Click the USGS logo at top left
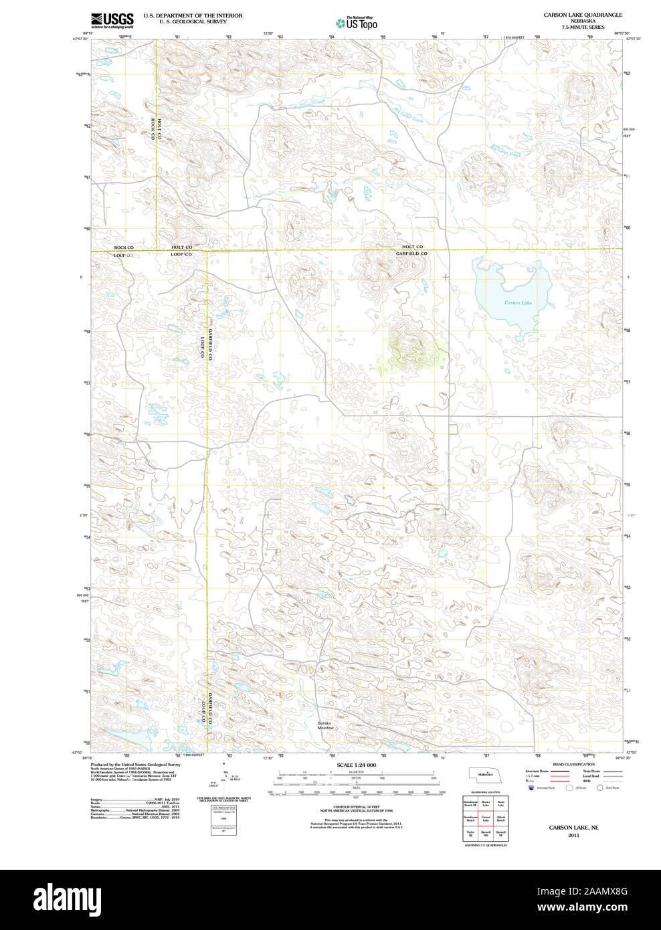[112, 20]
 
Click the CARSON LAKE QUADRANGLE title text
[582, 15]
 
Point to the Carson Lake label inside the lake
[518, 303]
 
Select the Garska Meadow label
[325, 725]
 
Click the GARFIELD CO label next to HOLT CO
[411, 254]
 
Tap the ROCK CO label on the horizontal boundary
[124, 248]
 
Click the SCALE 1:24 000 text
[356, 765]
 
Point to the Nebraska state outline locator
[484, 774]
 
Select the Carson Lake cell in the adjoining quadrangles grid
[486, 818]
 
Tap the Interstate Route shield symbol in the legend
[532, 788]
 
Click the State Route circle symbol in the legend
[599, 788]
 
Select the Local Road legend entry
[592, 776]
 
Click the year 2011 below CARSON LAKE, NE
[573, 835]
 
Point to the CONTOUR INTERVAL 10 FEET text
[356, 807]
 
